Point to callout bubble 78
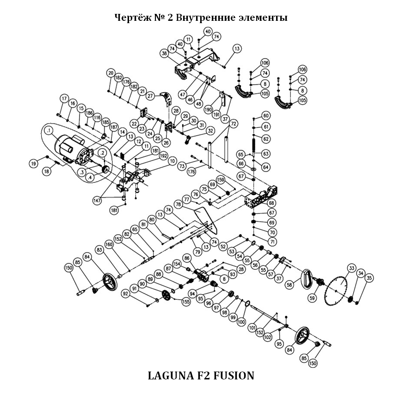pos(178,204)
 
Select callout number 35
pos(369,278)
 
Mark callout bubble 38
pos(164,54)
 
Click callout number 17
pos(64,98)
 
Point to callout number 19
pos(34,163)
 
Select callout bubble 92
pos(125,293)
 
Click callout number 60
pos(266,115)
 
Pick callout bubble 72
pos(233,124)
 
